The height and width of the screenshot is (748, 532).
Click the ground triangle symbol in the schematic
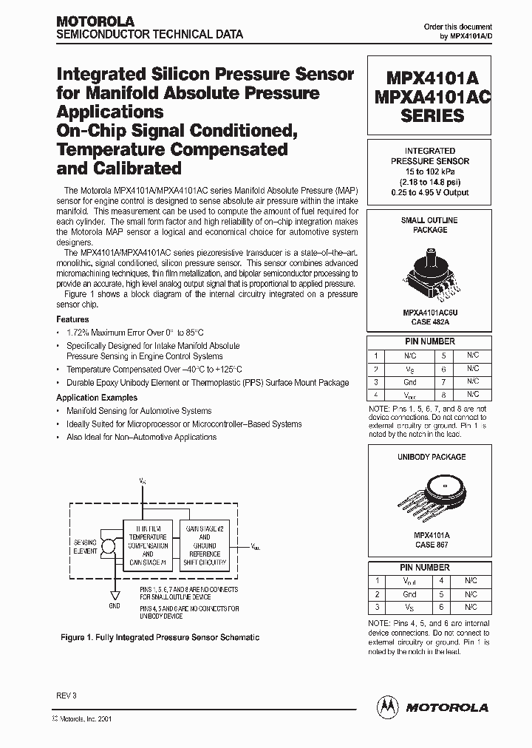[114, 595]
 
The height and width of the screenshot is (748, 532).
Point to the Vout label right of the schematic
[256, 548]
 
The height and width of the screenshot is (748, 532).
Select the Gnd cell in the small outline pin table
[410, 382]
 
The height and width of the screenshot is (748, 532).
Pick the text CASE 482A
[430, 322]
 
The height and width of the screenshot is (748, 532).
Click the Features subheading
[72, 319]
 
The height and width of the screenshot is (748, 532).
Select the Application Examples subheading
[97, 398]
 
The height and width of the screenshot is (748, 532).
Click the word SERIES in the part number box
[432, 115]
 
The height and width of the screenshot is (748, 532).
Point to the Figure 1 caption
[160, 637]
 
